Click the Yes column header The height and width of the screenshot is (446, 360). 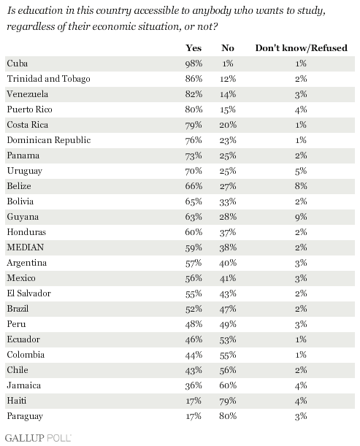pyautogui.click(x=194, y=47)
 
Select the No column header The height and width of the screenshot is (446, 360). pyautogui.click(x=228, y=47)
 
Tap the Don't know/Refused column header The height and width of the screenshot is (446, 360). pyautogui.click(x=301, y=47)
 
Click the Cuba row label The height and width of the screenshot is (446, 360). pyautogui.click(x=18, y=64)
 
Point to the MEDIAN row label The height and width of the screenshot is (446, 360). pyautogui.click(x=26, y=247)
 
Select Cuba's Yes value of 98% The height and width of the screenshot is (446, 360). pyautogui.click(x=194, y=64)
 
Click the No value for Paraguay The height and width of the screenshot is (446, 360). pyautogui.click(x=228, y=416)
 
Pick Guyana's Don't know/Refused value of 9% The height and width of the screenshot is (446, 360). pyautogui.click(x=301, y=217)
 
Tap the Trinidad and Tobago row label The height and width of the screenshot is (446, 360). pyautogui.click(x=48, y=79)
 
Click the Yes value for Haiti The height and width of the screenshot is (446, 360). pyautogui.click(x=194, y=401)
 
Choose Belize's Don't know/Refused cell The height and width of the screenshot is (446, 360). pyautogui.click(x=301, y=186)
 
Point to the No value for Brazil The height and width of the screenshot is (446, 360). pyautogui.click(x=228, y=309)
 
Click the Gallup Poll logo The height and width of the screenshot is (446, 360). pyautogui.click(x=38, y=438)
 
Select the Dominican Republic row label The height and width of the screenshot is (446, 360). pyautogui.click(x=49, y=140)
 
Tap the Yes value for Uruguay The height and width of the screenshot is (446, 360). pyautogui.click(x=194, y=171)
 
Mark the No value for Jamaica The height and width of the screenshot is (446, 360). pyautogui.click(x=228, y=385)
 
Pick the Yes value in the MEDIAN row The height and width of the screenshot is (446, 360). pyautogui.click(x=194, y=247)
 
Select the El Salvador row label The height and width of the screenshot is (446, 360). pyautogui.click(x=28, y=293)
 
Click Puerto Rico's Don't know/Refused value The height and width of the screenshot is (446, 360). pyautogui.click(x=301, y=109)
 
